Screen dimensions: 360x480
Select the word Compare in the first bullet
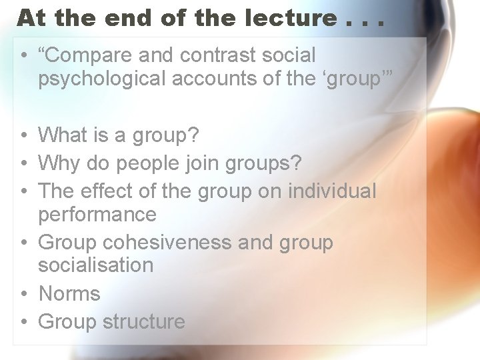coord(92,55)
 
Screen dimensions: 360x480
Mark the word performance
coord(97,214)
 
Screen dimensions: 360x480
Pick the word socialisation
coord(95,265)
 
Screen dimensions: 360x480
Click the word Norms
coord(69,293)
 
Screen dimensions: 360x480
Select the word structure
coord(143,321)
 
